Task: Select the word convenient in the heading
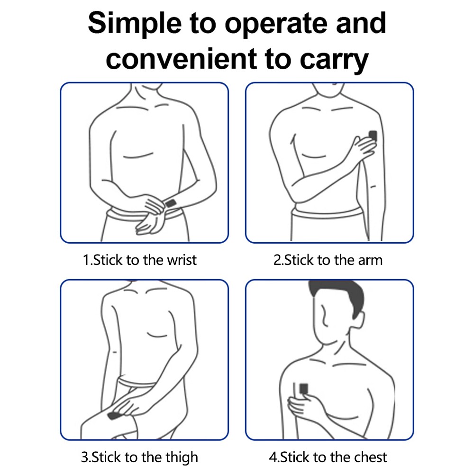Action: point(181,59)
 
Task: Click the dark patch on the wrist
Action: point(171,203)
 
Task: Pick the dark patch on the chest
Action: point(303,389)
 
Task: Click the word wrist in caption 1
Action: point(182,260)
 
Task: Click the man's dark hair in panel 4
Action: point(338,298)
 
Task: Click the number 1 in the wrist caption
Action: point(86,260)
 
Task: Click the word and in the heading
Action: point(361,23)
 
